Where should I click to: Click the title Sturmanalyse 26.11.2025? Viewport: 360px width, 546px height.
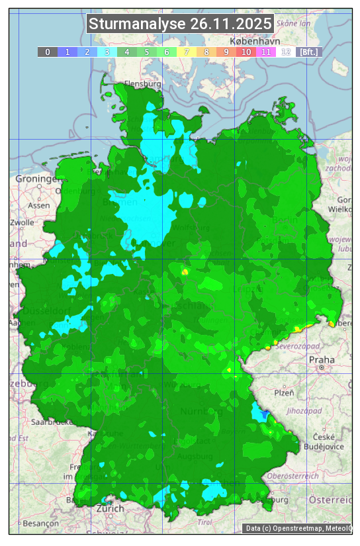click(180, 24)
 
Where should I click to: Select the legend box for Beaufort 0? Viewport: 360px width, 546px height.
click(47, 52)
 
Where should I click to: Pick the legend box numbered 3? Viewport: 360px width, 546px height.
click(107, 52)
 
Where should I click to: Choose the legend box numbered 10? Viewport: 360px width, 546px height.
click(246, 52)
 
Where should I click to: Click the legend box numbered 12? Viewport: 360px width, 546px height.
click(285, 52)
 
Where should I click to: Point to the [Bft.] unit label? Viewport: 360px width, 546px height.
click(308, 52)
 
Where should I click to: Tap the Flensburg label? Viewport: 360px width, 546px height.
click(143, 85)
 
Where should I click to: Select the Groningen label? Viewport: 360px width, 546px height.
click(37, 179)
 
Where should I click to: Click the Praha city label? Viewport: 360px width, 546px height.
click(321, 359)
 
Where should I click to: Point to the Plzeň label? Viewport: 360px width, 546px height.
click(284, 392)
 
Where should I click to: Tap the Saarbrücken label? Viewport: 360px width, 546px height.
click(53, 422)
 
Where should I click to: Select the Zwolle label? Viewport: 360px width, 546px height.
click(22, 222)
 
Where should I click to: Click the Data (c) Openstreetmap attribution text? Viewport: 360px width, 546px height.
click(298, 528)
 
